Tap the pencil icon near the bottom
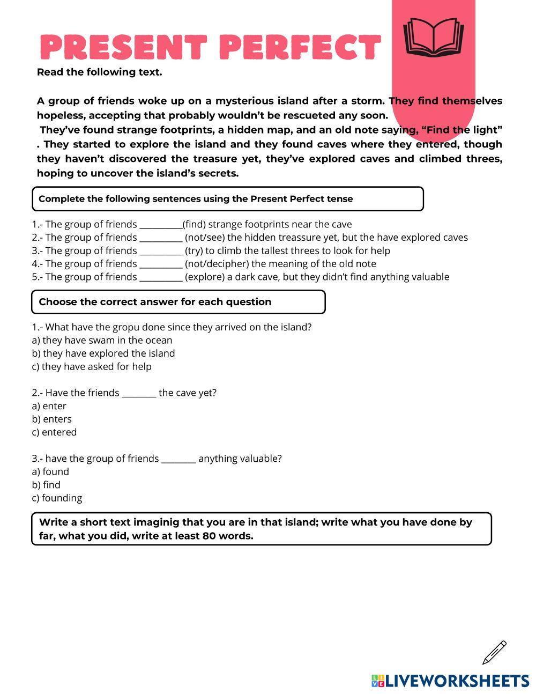[494, 652]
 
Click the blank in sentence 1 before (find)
[160, 225]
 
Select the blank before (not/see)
[160, 238]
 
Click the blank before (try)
[160, 251]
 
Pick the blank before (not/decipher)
[160, 264]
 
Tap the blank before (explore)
[160, 277]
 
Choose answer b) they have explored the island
[103, 353]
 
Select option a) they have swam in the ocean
[102, 340]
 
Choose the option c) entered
[54, 432]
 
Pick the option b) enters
[51, 419]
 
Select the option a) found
[50, 472]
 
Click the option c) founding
[57, 498]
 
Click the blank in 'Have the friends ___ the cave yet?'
[139, 393]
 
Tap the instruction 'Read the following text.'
[99, 72]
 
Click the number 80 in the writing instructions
[209, 536]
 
